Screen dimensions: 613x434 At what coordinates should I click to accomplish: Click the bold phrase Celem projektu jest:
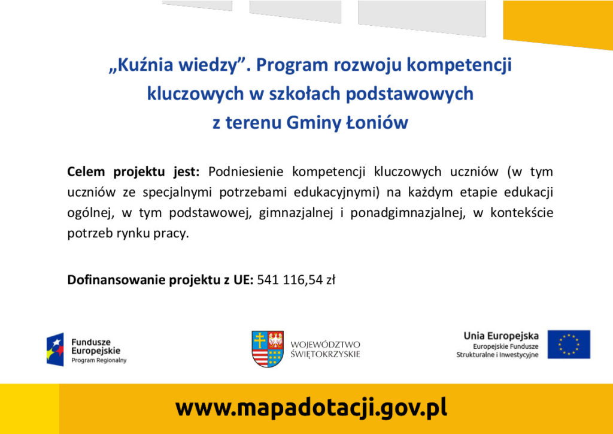click(x=133, y=172)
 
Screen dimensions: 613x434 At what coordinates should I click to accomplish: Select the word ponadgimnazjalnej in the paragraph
click(x=408, y=213)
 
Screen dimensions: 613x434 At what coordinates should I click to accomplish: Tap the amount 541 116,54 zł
click(x=296, y=280)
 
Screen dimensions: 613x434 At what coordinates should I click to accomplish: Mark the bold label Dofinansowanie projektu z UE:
click(x=160, y=281)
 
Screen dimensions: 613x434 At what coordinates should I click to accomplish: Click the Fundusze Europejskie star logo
click(x=55, y=349)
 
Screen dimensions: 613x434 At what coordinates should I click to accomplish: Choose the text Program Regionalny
click(x=99, y=360)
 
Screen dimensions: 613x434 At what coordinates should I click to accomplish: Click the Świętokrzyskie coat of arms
click(x=268, y=349)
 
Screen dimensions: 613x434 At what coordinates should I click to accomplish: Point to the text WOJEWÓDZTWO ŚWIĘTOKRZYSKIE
click(x=325, y=349)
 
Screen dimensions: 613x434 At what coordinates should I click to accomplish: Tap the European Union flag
click(x=569, y=344)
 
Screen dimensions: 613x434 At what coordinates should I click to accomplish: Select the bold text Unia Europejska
click(x=501, y=336)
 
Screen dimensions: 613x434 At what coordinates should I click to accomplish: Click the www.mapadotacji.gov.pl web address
click(x=311, y=408)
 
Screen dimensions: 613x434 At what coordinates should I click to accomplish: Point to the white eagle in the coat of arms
click(x=276, y=340)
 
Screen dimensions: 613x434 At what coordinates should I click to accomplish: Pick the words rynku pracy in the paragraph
click(x=153, y=234)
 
